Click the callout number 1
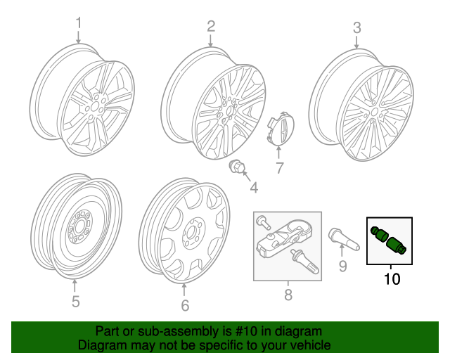click(79, 23)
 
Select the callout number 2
click(210, 27)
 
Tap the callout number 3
click(356, 28)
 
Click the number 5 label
click(75, 302)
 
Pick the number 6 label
click(185, 305)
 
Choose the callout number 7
click(278, 168)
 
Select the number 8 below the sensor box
click(288, 295)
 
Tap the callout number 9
click(343, 266)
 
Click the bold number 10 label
click(392, 280)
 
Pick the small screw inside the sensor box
click(263, 221)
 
